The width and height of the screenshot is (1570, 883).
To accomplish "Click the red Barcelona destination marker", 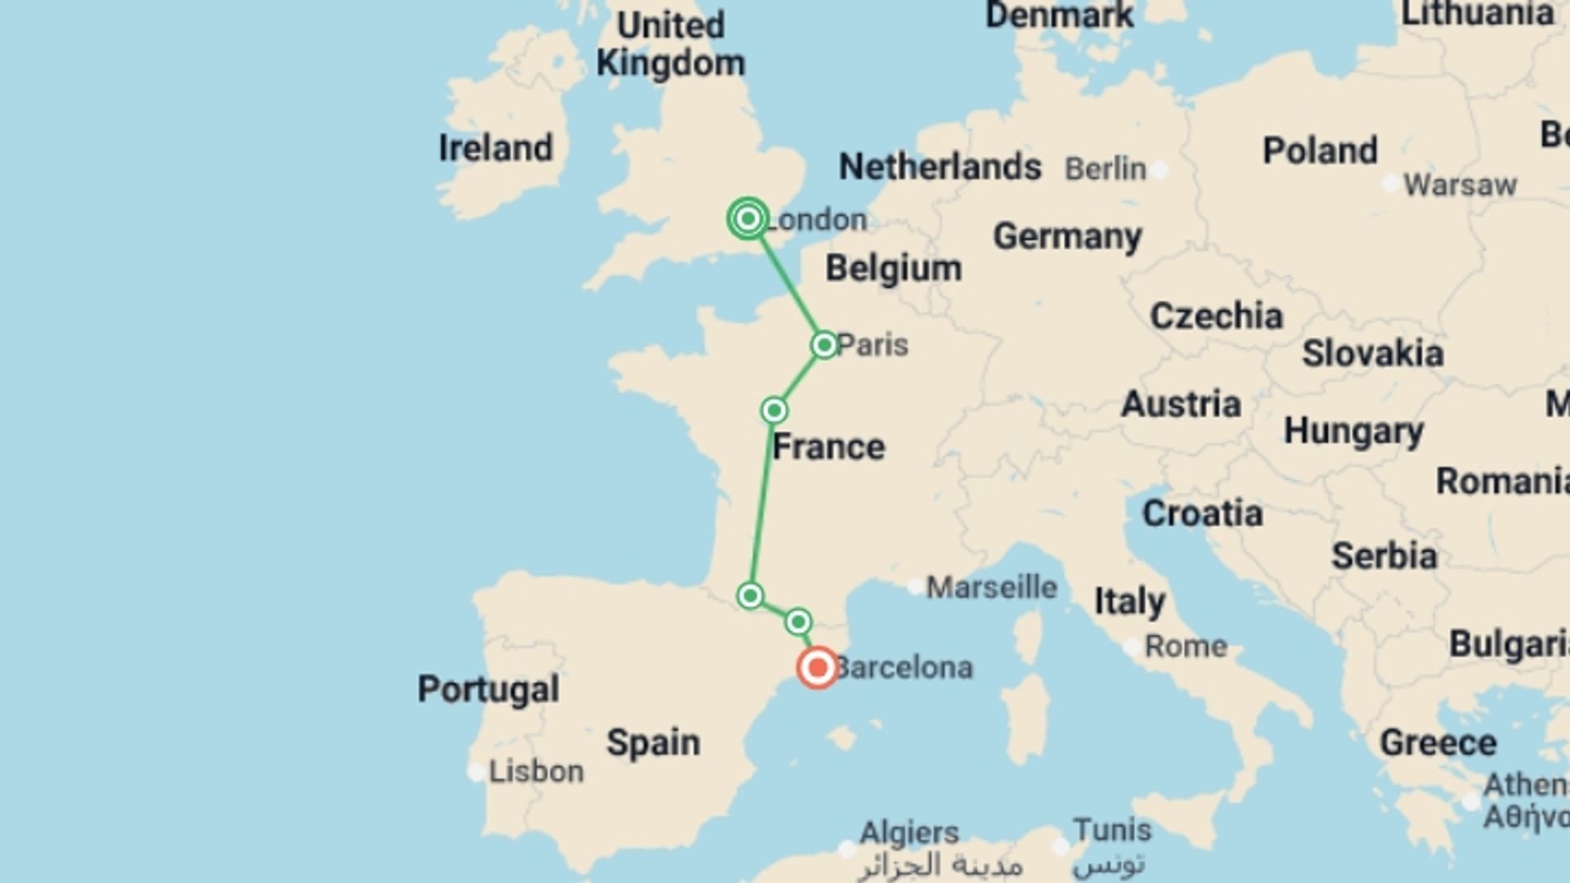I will [x=817, y=668].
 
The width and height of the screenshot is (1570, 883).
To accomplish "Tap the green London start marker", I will [x=748, y=219].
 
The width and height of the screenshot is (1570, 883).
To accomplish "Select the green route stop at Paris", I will [x=824, y=345].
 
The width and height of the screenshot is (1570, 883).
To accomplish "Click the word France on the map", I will [x=828, y=447].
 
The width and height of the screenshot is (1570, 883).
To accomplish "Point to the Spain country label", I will [x=653, y=743].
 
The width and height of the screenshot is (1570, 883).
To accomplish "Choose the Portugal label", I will [x=488, y=689].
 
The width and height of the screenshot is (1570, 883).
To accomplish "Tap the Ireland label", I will [x=496, y=148].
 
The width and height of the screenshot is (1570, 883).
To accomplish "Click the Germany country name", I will [x=1067, y=237].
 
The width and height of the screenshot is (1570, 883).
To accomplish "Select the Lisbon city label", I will [x=536, y=772].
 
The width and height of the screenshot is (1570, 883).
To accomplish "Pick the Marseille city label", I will [x=991, y=587].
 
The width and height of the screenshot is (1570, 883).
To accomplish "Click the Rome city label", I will [x=1186, y=647].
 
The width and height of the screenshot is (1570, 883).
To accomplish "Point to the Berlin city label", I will [x=1106, y=169].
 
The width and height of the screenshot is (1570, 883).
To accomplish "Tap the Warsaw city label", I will [x=1460, y=185].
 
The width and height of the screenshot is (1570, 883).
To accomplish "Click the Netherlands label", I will [x=940, y=167].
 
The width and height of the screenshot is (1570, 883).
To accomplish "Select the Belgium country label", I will [x=893, y=268].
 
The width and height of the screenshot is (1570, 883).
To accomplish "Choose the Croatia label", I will [x=1202, y=513].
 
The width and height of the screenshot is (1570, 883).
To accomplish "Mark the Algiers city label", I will [x=909, y=832].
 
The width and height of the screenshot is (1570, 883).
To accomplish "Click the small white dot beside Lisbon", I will [x=476, y=772].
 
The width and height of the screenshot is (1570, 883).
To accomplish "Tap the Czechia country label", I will [x=1216, y=316].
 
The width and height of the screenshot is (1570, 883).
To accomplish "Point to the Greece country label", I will [x=1438, y=743].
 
